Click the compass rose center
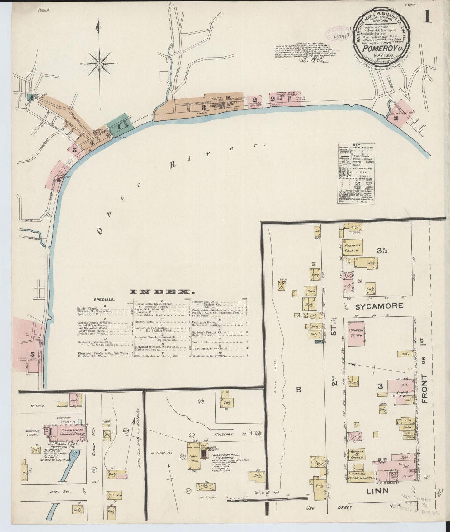tap(99, 64)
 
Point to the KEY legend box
tap(356, 174)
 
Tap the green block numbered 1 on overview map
tap(120, 126)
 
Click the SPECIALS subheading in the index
tap(104, 300)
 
